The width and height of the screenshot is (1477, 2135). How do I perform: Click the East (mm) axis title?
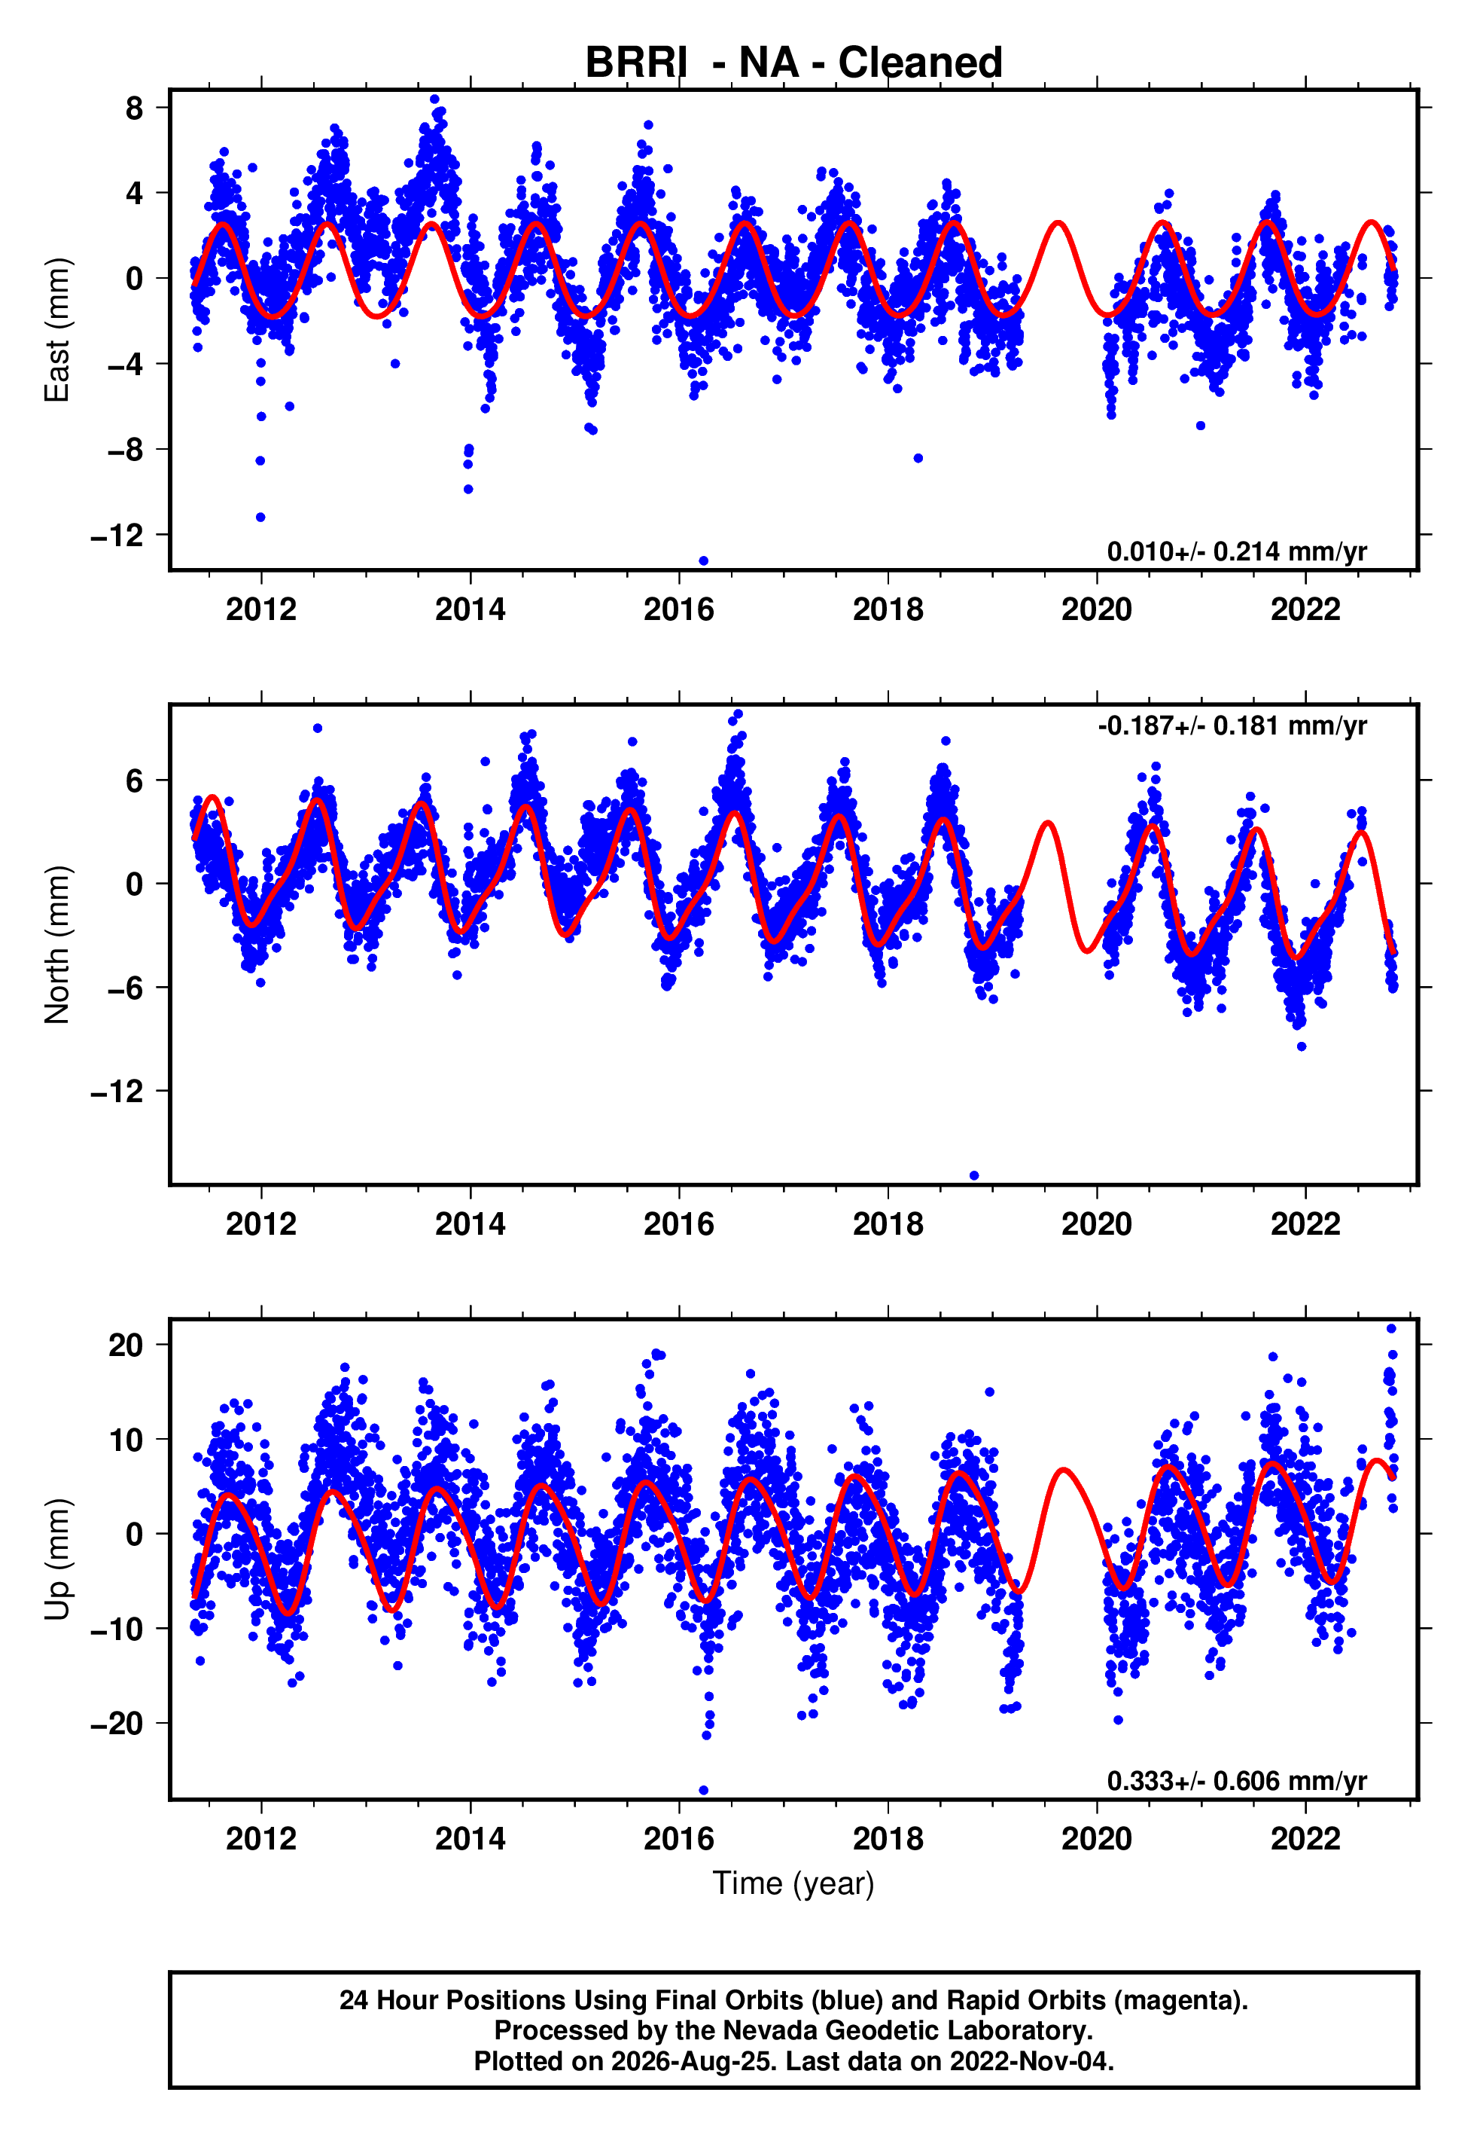click(x=57, y=330)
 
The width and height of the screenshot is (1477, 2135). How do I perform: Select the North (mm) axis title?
click(x=57, y=945)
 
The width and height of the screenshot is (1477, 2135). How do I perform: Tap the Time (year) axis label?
click(x=793, y=1883)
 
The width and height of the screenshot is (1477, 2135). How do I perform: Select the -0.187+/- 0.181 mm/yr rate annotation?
click(x=1232, y=726)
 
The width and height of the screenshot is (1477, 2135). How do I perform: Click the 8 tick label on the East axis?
click(x=135, y=108)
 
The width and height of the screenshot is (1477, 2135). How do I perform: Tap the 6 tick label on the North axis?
click(x=135, y=780)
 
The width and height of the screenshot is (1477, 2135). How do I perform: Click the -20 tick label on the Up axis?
click(x=117, y=1723)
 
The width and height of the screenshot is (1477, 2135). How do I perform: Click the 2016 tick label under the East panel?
click(x=679, y=609)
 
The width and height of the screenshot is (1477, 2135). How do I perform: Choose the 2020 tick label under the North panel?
click(x=1097, y=1224)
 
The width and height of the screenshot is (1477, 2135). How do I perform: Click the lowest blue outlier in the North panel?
click(x=973, y=1176)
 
